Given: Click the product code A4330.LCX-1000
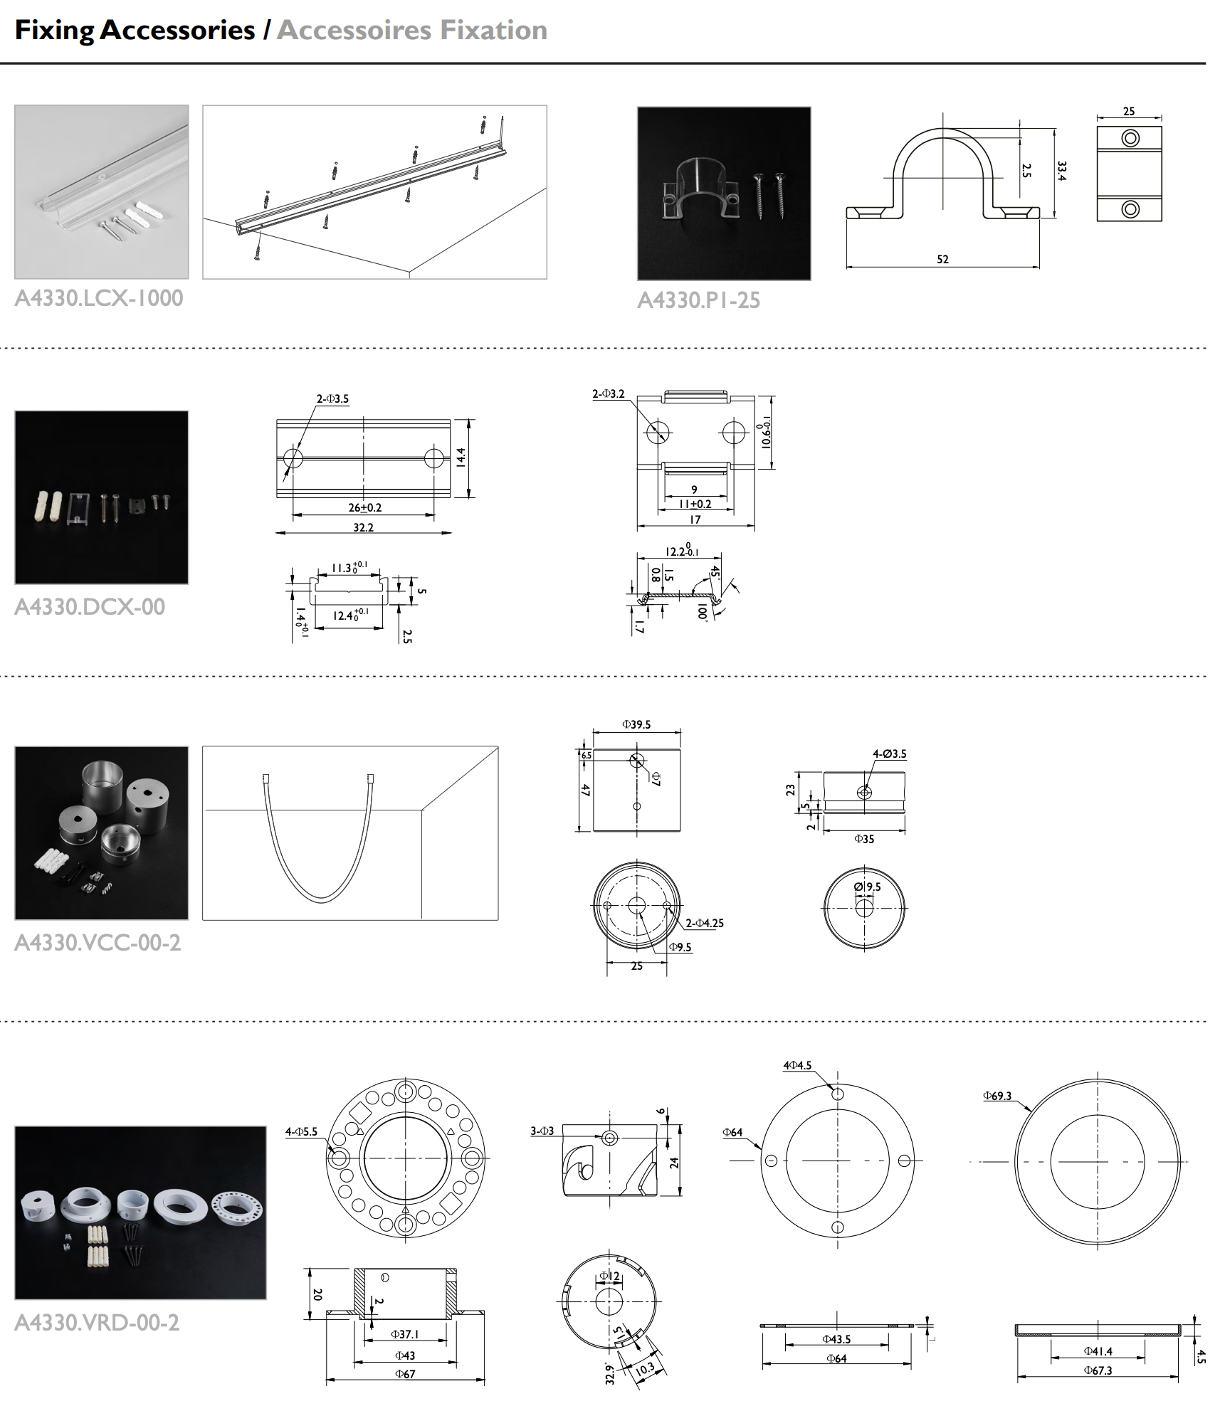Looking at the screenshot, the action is [x=99, y=297].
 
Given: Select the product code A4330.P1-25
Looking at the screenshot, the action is [x=698, y=300].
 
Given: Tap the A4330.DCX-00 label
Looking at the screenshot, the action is [x=90, y=607].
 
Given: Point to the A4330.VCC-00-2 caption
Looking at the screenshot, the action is [x=98, y=943].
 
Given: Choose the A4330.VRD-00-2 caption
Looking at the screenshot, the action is [x=97, y=1322].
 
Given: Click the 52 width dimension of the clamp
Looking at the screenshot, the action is [x=942, y=259].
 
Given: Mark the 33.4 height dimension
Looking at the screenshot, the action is [x=1062, y=171].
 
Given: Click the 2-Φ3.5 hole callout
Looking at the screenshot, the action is [x=332, y=399].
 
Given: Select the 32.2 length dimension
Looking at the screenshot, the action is [x=363, y=527].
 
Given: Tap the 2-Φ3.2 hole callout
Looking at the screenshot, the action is [x=608, y=393].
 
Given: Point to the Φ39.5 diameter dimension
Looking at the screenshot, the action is [x=636, y=724].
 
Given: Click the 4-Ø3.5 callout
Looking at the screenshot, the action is [x=890, y=754].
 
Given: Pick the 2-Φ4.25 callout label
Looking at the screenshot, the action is [x=705, y=923].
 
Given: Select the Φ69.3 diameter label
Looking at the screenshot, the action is [x=997, y=1096].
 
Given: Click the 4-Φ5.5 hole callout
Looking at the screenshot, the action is [x=301, y=1131].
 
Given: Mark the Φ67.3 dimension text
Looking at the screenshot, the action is [x=1098, y=1370].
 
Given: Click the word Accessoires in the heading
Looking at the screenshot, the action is [x=354, y=30].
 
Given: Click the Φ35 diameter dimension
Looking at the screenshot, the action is [x=864, y=839].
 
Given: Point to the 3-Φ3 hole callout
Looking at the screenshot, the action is [x=542, y=1131].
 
